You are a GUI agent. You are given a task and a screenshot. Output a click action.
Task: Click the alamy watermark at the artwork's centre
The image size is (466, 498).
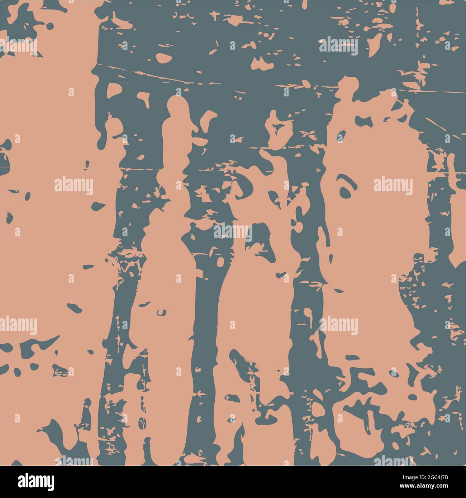click(x=233, y=232)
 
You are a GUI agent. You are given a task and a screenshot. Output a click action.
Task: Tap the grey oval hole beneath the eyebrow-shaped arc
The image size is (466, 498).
click(x=346, y=192)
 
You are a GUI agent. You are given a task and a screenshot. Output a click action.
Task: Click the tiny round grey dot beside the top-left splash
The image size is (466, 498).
click(x=50, y=26)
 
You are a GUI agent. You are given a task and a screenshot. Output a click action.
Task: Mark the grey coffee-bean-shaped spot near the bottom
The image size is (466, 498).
click(x=142, y=423)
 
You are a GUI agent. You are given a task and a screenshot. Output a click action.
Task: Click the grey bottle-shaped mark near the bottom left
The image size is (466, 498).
click(x=86, y=412)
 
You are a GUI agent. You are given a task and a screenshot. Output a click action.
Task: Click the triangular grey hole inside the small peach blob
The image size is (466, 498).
click(x=277, y=128)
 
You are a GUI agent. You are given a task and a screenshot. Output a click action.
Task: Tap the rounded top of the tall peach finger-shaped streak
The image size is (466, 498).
click(x=177, y=104)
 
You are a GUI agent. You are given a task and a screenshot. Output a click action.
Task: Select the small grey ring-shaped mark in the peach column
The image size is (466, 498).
click(x=161, y=312)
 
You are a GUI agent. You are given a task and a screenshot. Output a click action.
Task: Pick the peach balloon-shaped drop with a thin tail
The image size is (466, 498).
click(x=308, y=314)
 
